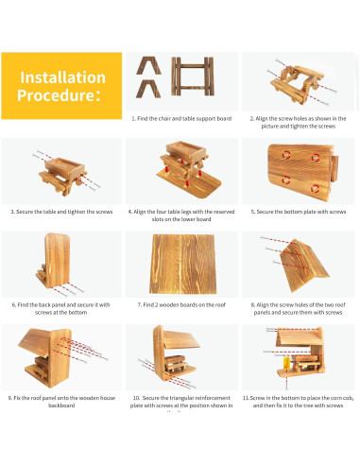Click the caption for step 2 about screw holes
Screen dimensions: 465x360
[299, 123]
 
